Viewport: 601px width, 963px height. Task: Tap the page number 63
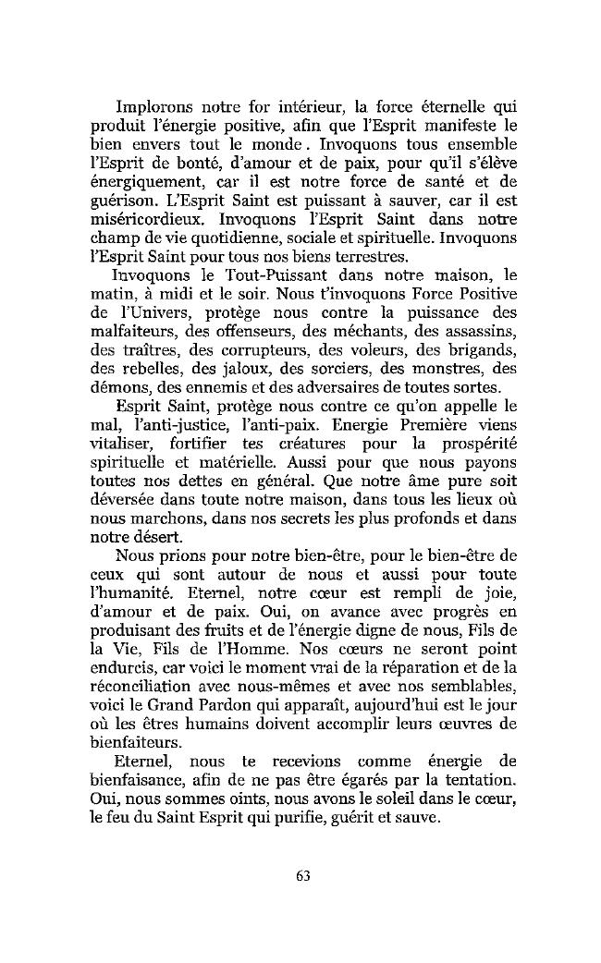(x=302, y=876)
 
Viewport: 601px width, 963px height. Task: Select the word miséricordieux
(x=151, y=221)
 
